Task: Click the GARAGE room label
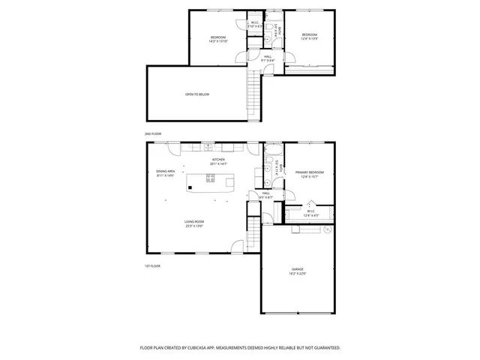(298, 268)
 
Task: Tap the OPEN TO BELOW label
(197, 94)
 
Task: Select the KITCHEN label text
(217, 159)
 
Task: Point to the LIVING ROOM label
(195, 221)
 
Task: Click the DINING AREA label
(166, 171)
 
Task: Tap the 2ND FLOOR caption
(153, 133)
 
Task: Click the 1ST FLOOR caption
(153, 265)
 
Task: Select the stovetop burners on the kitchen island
(211, 178)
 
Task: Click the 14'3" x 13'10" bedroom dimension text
(217, 41)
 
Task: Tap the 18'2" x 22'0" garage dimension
(298, 273)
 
